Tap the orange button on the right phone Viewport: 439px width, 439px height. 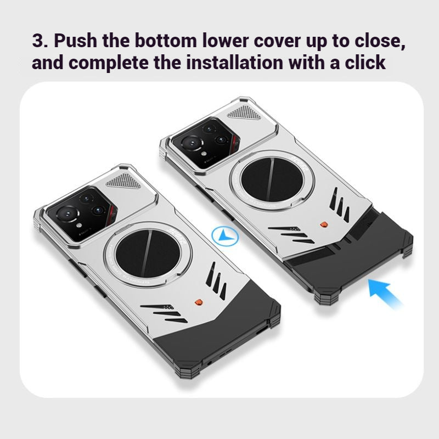click(x=324, y=224)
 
